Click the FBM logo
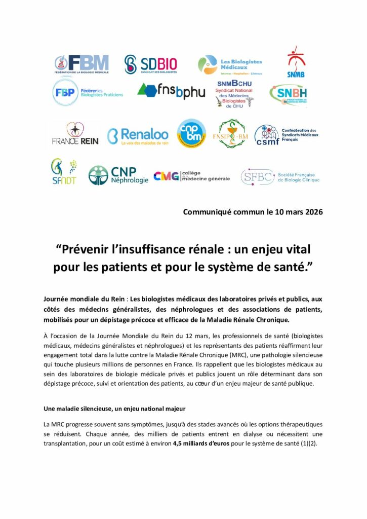[x=81, y=64]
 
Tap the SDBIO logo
[x=151, y=64]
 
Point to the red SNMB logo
[x=296, y=62]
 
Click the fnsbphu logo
[x=171, y=91]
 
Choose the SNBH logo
[x=288, y=94]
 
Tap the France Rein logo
[x=75, y=134]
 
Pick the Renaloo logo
[x=138, y=136]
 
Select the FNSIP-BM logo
[x=233, y=134]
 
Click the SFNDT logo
[x=63, y=172]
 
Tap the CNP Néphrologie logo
[x=118, y=175]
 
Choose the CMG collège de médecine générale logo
[x=191, y=176]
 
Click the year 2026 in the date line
[x=311, y=212]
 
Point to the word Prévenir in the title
[x=88, y=249]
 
